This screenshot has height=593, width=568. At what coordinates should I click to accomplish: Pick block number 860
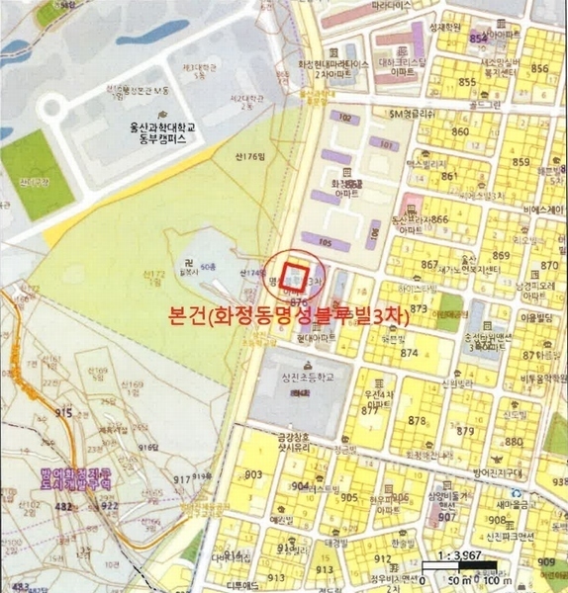pos(460,131)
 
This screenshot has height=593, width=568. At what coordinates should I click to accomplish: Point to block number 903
pos(254,475)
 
